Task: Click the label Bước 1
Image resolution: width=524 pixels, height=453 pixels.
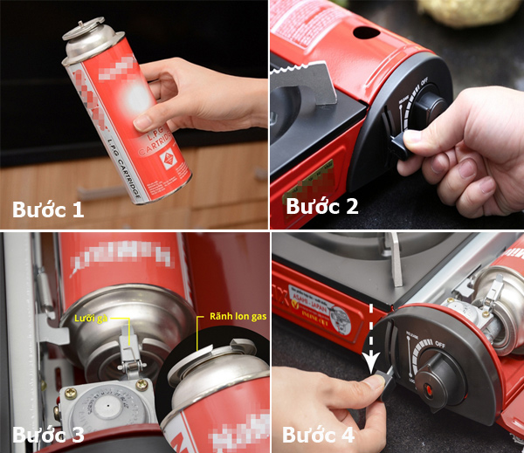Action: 48,210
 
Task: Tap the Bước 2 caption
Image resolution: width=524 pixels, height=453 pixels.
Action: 322,206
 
